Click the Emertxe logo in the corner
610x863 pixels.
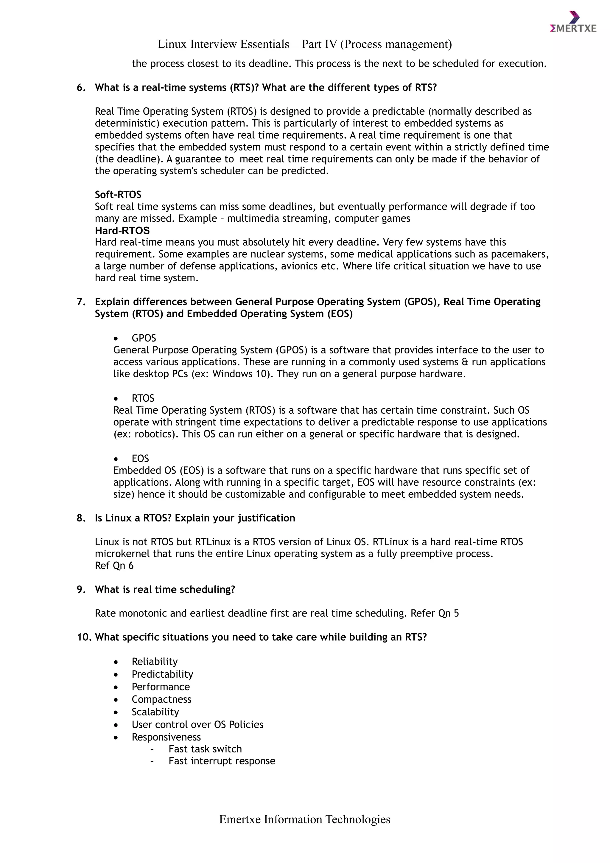(x=572, y=23)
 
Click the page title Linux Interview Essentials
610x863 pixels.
(x=304, y=44)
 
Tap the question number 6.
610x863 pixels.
(x=81, y=88)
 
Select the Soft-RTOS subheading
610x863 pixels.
(x=118, y=195)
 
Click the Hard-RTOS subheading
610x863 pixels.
(x=122, y=230)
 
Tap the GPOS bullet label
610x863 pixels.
(x=144, y=338)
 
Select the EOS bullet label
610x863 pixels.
(x=140, y=459)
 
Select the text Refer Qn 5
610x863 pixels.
(x=434, y=613)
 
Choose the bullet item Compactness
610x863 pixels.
(x=161, y=699)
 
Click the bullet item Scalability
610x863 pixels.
(x=155, y=712)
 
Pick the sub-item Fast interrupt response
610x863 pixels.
(x=222, y=761)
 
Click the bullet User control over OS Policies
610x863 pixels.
(x=197, y=724)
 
